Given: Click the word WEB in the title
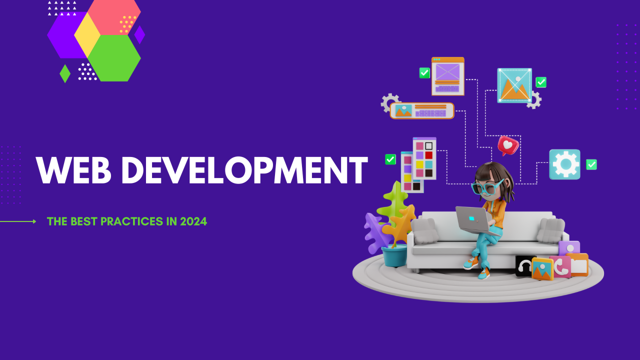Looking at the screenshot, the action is tap(73, 170).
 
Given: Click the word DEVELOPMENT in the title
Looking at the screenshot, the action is tap(244, 170).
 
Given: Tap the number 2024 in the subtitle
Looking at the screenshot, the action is tap(193, 221).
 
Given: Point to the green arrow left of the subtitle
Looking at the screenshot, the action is tap(18, 221).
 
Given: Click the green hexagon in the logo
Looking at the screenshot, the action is tap(114, 58).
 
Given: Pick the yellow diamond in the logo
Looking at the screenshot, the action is tap(87, 35).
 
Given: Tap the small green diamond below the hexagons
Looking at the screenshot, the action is tap(65, 73).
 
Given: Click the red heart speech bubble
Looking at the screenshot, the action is tap(507, 145).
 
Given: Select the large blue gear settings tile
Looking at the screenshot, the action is tap(565, 164).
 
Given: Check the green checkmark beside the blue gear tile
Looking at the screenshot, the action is tap(591, 164).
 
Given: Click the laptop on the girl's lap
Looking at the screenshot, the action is tap(474, 221).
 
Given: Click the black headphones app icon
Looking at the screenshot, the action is tap(525, 265).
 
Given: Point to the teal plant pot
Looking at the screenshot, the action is tap(394, 255).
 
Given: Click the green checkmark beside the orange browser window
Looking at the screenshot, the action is tap(424, 73).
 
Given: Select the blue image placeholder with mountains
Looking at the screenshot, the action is tap(514, 85).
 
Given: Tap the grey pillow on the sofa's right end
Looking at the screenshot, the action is tap(550, 230).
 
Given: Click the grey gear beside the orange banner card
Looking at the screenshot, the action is tap(389, 102).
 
